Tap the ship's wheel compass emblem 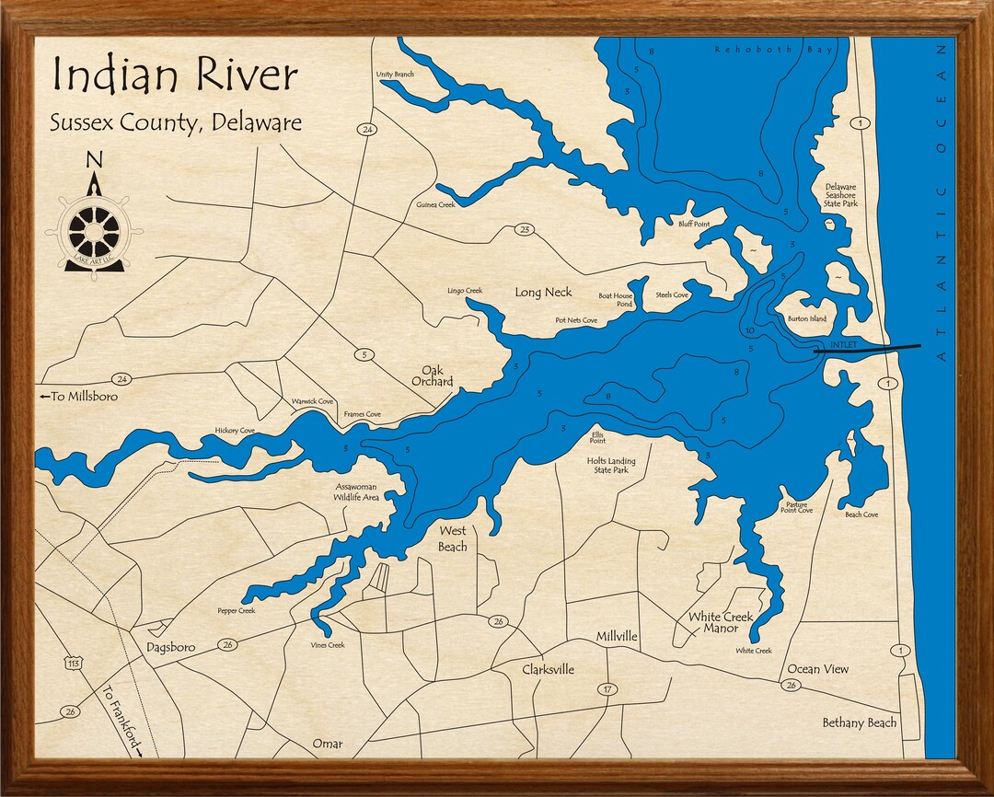point(94,232)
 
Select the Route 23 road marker point(525,230)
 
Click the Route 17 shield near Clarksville point(607,689)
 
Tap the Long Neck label point(543,293)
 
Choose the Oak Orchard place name point(432,375)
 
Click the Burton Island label point(806,319)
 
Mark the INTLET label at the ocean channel point(843,345)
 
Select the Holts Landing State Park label point(612,465)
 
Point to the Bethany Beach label point(859,722)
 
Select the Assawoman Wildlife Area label point(357,491)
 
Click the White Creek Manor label point(721,622)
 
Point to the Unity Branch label point(395,75)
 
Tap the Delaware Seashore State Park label point(840,194)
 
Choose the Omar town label point(327,744)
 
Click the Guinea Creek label point(435,205)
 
